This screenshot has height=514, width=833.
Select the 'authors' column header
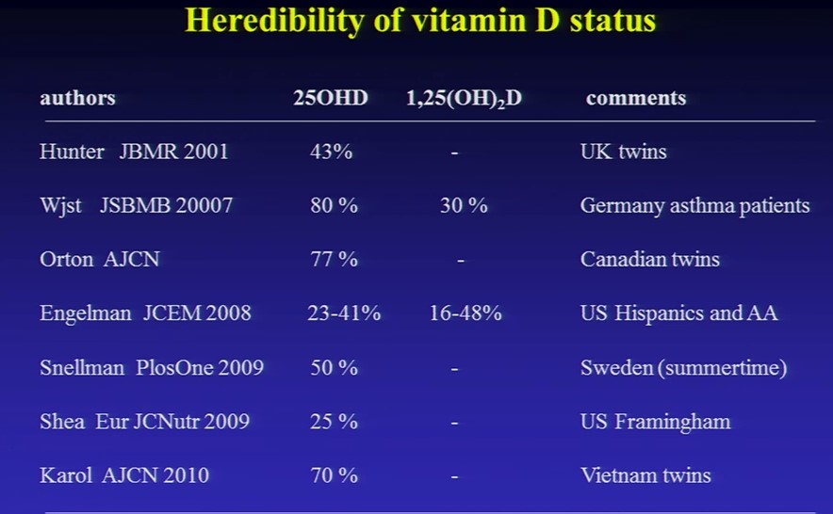pos(77,98)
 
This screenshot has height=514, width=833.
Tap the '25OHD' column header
pos(331,98)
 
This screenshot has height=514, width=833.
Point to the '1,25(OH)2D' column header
pos(464,99)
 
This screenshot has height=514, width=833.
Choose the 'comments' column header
pos(636,98)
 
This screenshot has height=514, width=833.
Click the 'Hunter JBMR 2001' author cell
pos(134,152)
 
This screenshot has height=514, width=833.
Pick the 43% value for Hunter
pos(331,152)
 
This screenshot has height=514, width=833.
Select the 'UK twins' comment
pos(623,152)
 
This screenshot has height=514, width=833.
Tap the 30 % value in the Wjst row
pos(464,205)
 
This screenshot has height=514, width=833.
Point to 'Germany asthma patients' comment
pos(694,205)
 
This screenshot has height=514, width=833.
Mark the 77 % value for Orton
pos(335,259)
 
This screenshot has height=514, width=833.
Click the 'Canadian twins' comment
pos(650,259)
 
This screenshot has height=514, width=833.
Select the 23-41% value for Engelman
pos(344,313)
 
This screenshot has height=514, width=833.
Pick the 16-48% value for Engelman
pos(465,313)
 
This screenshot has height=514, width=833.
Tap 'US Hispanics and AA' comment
pos(679,313)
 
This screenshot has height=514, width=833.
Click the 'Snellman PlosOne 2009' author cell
pos(152,368)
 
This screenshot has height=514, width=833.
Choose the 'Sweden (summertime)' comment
pos(683,368)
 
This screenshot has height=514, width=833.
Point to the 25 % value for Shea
pos(335,422)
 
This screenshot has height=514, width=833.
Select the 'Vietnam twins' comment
pos(645,475)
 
